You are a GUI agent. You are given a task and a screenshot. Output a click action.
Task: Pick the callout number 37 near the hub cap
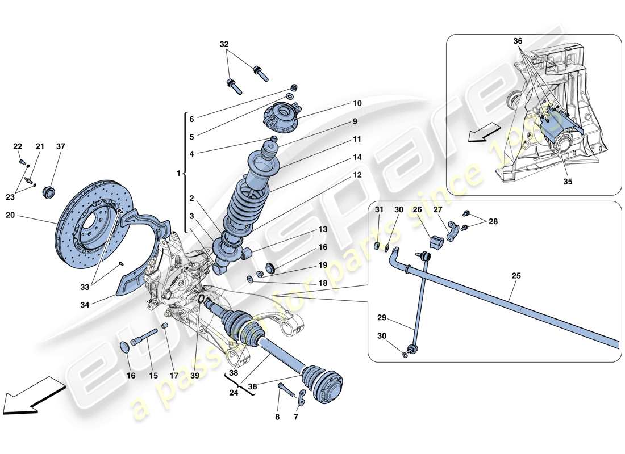(61, 146)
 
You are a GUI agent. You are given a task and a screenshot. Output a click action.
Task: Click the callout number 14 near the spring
(356, 157)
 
